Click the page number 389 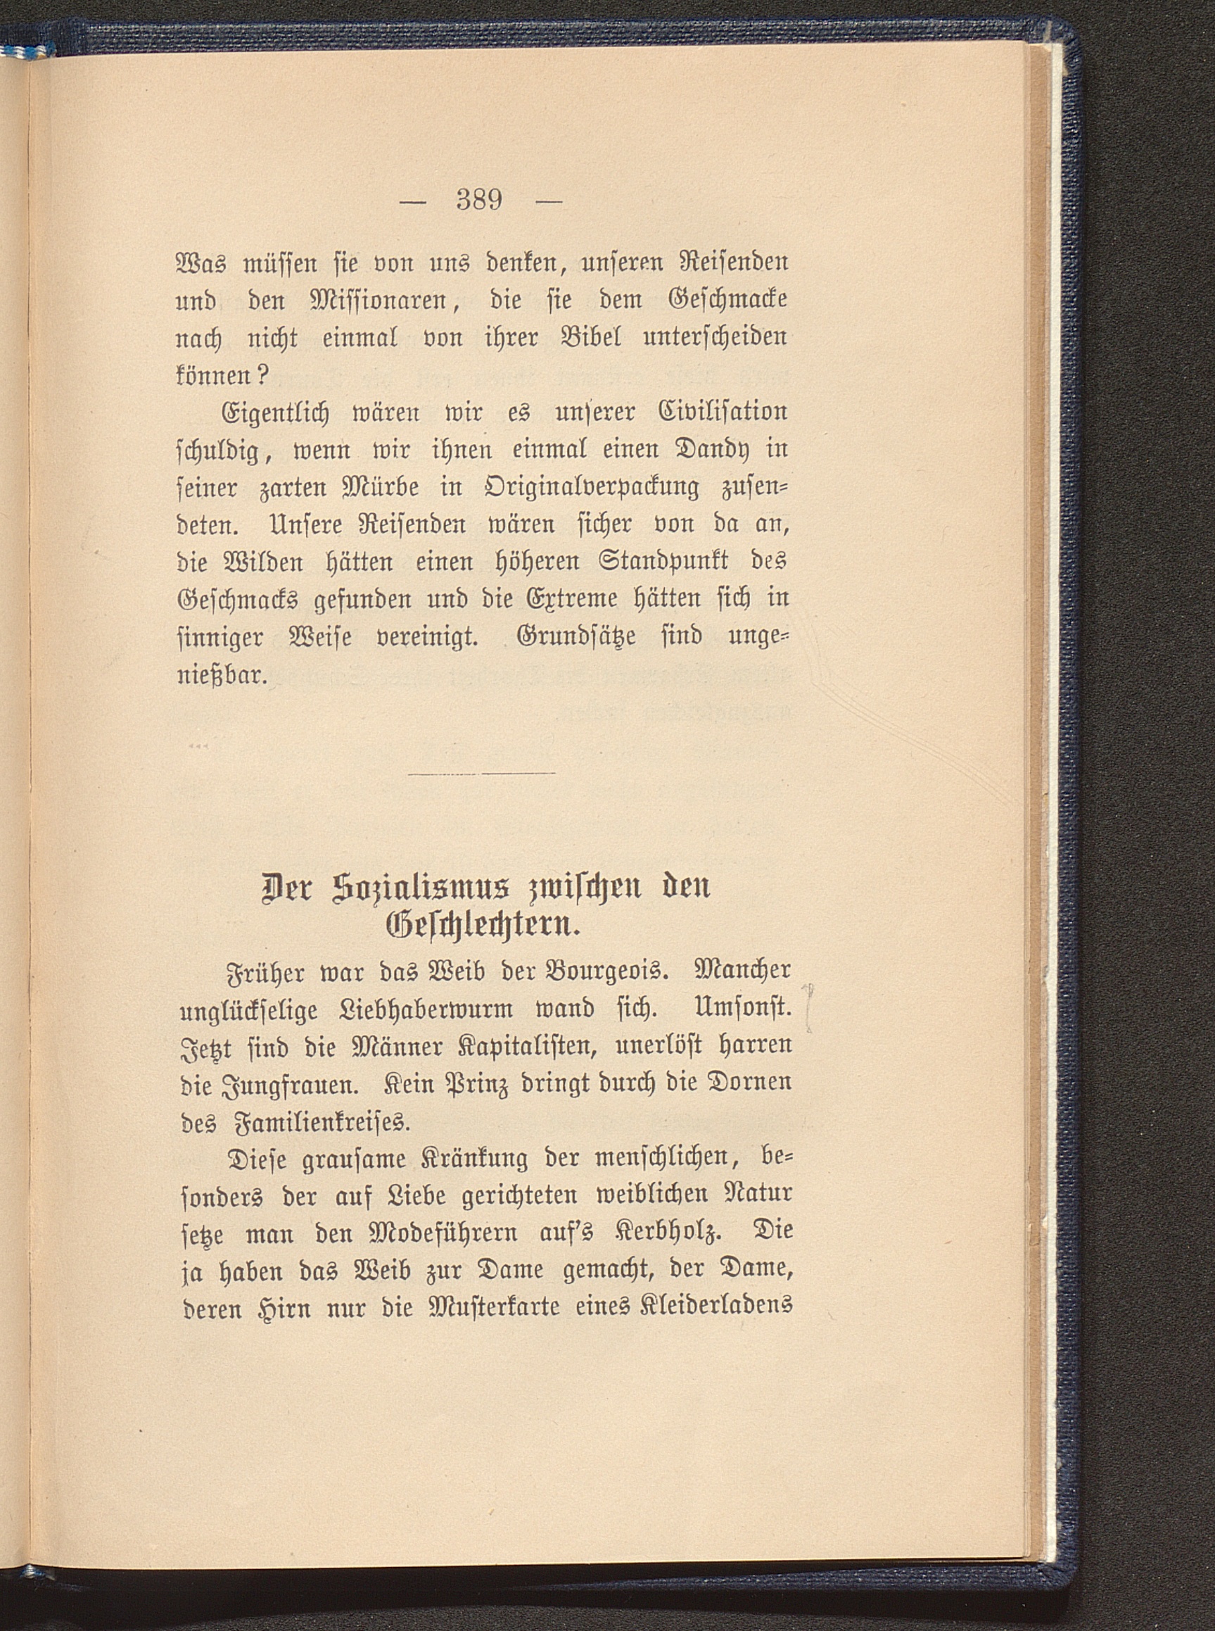479,200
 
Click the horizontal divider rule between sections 481,773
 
